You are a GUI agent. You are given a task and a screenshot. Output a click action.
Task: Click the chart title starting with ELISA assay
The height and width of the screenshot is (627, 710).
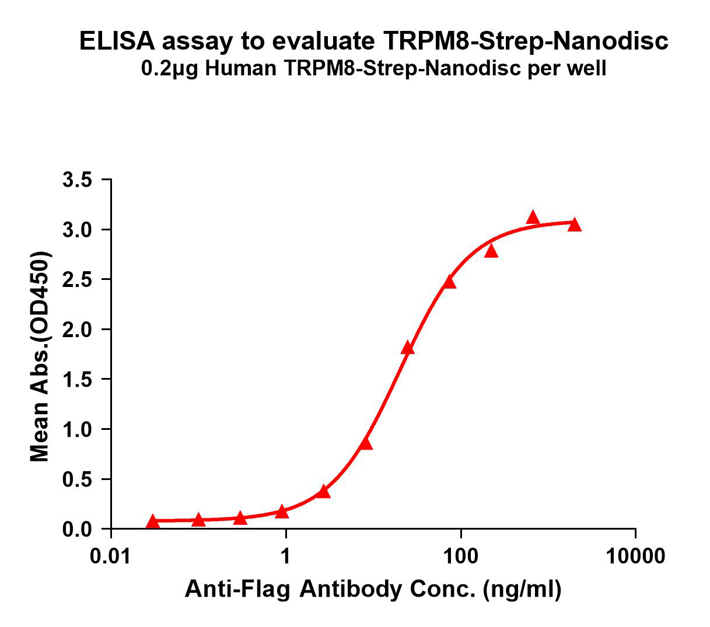pos(373,41)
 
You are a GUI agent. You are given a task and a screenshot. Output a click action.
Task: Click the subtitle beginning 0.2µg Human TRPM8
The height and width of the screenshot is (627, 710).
pos(373,69)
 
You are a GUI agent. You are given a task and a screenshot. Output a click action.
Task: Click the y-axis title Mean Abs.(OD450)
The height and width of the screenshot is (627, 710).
pos(40,357)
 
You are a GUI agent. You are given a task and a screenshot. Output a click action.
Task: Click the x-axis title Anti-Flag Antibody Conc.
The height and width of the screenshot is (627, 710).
pos(373,590)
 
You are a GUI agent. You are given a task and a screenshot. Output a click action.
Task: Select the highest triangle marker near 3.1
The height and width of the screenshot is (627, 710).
pos(533,218)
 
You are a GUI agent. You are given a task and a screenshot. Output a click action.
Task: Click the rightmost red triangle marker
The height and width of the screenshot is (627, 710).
pos(575,225)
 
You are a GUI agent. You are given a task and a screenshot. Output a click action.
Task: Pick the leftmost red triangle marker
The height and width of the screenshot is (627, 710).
pos(153,521)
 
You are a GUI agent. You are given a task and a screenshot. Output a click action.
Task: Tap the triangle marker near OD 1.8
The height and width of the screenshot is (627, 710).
pos(408,348)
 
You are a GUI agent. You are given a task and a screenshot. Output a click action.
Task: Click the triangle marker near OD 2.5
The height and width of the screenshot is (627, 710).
pos(449,282)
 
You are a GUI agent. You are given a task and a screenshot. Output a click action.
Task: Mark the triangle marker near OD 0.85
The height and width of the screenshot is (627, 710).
pos(366,444)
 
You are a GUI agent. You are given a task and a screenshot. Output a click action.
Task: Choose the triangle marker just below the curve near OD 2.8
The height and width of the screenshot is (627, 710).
pos(491,251)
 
